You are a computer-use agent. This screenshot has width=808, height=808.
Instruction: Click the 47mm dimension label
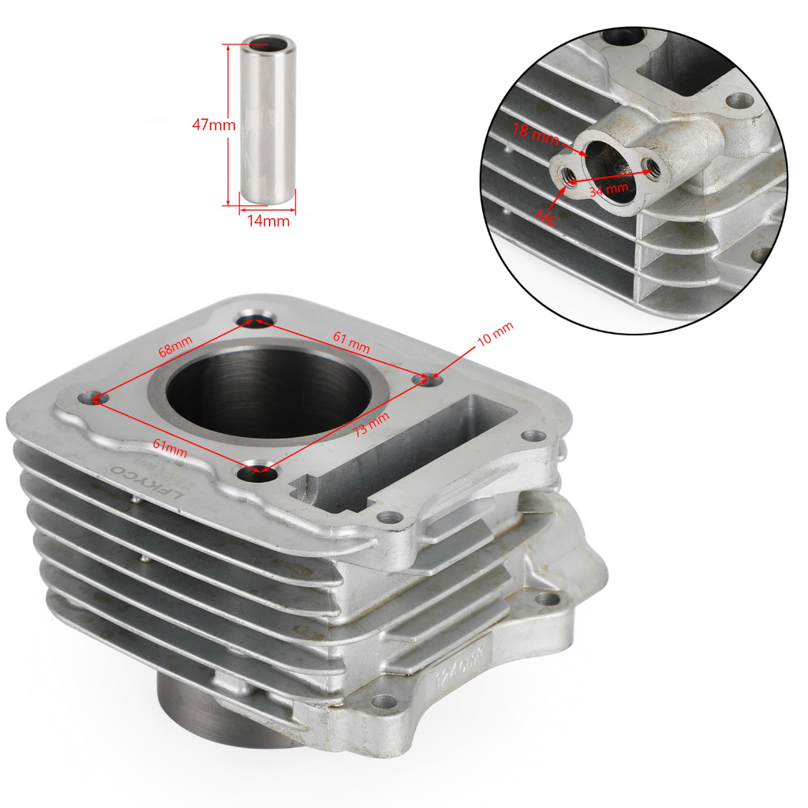(x=214, y=125)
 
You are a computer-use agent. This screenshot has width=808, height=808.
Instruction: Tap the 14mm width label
(x=268, y=222)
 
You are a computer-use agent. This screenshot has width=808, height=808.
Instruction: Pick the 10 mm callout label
(x=496, y=338)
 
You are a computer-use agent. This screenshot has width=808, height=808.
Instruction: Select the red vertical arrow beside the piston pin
(x=228, y=125)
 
